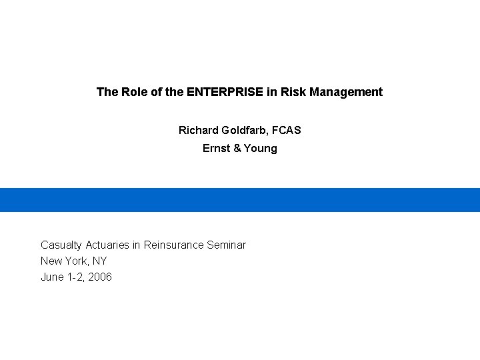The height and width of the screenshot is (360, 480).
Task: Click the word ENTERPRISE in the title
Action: pos(225,92)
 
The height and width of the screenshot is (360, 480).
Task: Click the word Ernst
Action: pos(216,148)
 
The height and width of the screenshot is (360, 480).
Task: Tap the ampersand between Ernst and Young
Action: pos(237,148)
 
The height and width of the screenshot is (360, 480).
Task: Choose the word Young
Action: pos(261,148)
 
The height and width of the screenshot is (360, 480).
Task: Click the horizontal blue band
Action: pos(240,200)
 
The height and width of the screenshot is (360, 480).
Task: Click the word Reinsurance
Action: pos(173,245)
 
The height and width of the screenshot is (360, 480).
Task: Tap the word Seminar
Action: pos(226,245)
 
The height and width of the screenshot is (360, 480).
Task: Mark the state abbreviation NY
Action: pos(99,261)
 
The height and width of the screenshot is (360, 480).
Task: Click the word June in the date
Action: pos(52,277)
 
